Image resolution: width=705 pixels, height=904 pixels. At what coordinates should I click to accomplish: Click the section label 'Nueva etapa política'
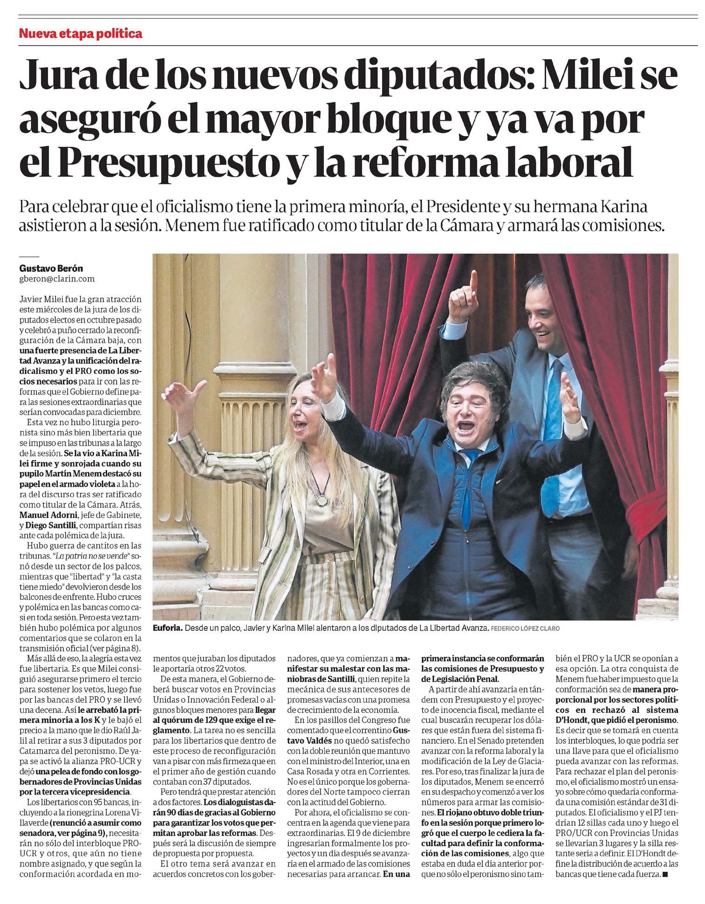coord(80,34)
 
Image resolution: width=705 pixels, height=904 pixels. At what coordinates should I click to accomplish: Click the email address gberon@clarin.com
coord(57,279)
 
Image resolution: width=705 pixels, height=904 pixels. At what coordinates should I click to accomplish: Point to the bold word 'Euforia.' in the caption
coord(167,628)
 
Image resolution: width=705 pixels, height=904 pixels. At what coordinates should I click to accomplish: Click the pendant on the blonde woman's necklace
coord(322,500)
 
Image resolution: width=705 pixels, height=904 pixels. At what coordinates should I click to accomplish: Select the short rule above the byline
coord(29,256)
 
